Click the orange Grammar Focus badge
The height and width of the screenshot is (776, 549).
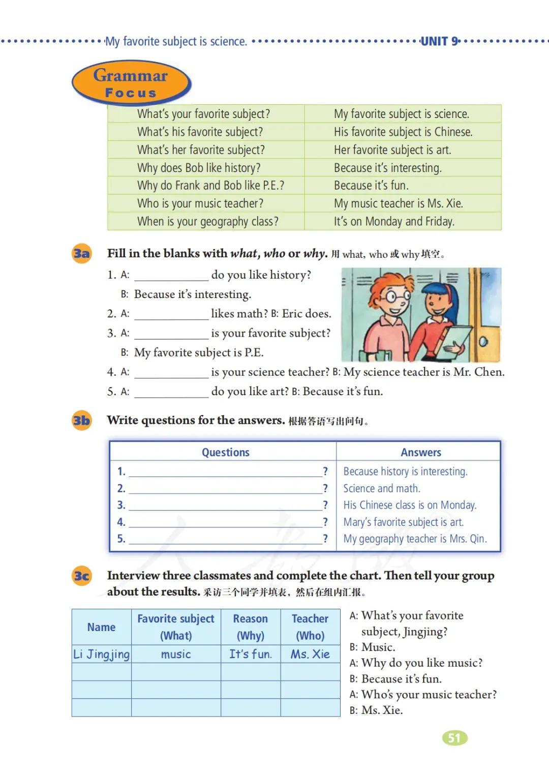tap(131, 83)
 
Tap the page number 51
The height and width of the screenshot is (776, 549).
tap(454, 738)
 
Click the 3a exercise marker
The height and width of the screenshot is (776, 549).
tap(82, 253)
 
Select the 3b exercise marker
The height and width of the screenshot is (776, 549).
tap(82, 421)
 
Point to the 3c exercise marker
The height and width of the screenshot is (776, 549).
tap(82, 576)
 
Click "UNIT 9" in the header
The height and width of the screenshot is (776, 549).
tap(439, 41)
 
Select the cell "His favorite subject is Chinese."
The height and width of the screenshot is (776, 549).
tap(403, 132)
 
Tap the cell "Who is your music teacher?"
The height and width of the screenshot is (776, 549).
tap(200, 203)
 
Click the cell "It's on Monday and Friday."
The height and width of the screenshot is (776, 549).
tap(394, 221)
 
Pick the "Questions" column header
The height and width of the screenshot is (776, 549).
tap(225, 452)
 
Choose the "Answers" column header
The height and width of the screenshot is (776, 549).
tap(420, 452)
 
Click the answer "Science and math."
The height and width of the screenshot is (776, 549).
tap(381, 488)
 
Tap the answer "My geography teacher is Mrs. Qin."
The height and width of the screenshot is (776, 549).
tap(415, 539)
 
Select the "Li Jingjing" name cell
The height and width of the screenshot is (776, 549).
tap(101, 654)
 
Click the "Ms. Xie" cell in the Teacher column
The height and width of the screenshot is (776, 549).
tap(310, 654)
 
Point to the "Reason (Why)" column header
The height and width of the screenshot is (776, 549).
tap(250, 626)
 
